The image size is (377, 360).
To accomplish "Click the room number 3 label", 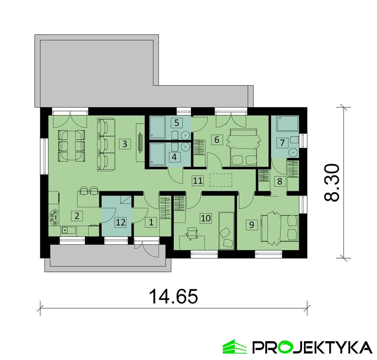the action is tap(125, 144).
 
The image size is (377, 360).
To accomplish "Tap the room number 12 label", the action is tap(120, 222).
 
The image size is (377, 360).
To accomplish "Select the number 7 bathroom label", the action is tap(282, 143).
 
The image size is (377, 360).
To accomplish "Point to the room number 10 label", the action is tap(206, 218).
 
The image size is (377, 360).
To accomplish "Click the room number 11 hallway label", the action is tap(197, 180).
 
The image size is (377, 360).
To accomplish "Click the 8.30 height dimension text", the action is tap(332, 182).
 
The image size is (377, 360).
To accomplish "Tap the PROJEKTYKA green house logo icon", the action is tap(234, 347).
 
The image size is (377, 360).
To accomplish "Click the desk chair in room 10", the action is tap(192, 234).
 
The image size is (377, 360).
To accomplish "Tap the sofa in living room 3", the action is tap(106, 144).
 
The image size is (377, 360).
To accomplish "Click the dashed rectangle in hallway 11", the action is tap(221, 180).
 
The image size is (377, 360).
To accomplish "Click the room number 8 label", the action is tap(280, 181).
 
